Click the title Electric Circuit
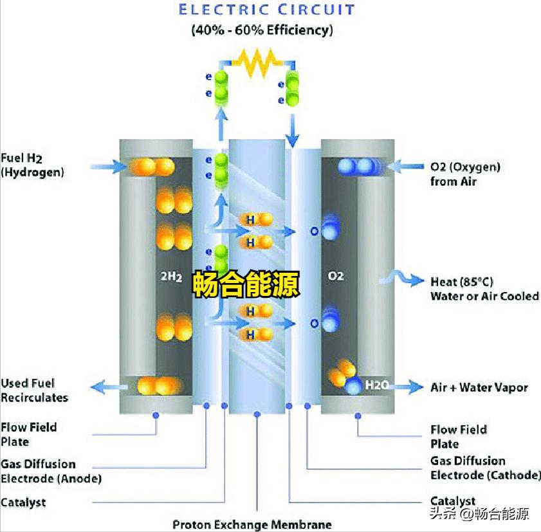pos(266,10)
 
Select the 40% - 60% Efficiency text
pos(262,30)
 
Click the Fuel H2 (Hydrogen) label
pos(32,165)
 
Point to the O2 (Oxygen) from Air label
pos(465,174)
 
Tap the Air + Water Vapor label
pos(479,387)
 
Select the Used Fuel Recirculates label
pos(34,390)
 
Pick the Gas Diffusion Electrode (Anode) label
pos(51,471)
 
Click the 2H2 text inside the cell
pos(171,277)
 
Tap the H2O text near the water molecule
pos(376,385)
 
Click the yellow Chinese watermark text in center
pos(246,284)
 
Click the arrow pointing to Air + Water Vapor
pos(407,387)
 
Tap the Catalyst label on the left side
pos(23,502)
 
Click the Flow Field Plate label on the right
pos(458,436)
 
